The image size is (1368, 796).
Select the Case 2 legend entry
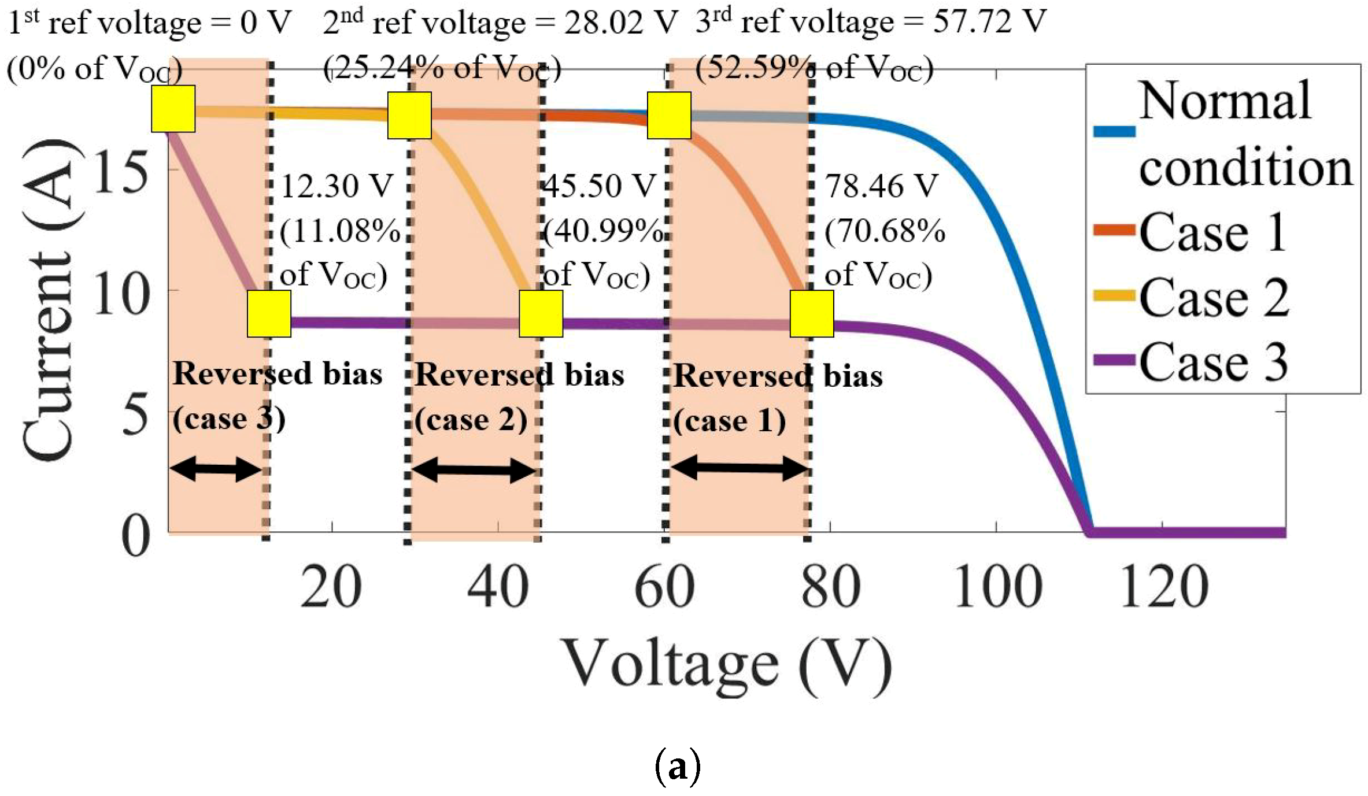coord(1214,297)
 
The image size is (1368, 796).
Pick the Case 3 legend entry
coord(1214,362)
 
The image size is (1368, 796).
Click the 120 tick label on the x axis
coord(1164,587)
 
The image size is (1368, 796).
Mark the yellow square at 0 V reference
coord(173,109)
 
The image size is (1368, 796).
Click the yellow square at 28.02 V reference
coord(409,116)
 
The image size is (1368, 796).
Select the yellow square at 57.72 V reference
coord(669,116)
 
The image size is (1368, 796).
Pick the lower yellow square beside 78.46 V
coord(812,314)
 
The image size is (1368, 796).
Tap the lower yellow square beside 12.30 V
coord(269,314)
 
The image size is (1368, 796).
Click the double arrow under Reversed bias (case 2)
coord(473,470)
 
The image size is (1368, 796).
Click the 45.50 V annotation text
coord(600,186)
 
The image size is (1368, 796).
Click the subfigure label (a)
coord(677,766)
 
